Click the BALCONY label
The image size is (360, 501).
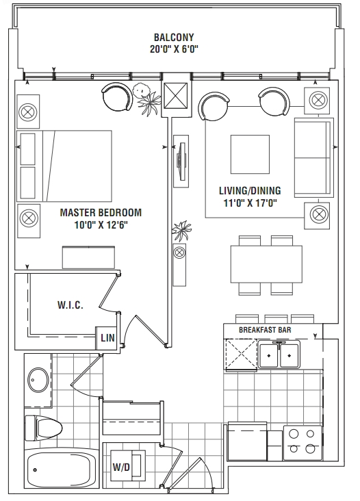tap(174, 38)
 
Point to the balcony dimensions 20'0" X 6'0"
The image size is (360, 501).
tap(174, 49)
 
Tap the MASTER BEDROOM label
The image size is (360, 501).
tap(101, 212)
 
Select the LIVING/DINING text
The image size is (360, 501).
tap(250, 191)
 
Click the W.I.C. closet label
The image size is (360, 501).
tap(70, 305)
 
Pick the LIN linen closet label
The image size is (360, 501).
tap(107, 337)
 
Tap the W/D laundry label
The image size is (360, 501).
tap(121, 467)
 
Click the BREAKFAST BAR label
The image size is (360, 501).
tap(265, 330)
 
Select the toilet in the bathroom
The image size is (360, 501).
tap(43, 428)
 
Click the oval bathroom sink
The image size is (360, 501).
tap(38, 381)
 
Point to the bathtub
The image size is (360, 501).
tap(62, 470)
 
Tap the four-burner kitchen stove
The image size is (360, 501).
tap(303, 443)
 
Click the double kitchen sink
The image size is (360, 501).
tap(279, 356)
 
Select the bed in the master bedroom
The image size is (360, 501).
tap(64, 166)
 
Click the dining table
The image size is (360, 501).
tap(266, 264)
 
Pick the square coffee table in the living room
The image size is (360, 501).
tap(250, 154)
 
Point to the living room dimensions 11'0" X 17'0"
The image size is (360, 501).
tap(250, 203)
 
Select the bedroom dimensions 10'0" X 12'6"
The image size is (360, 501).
tap(101, 225)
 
